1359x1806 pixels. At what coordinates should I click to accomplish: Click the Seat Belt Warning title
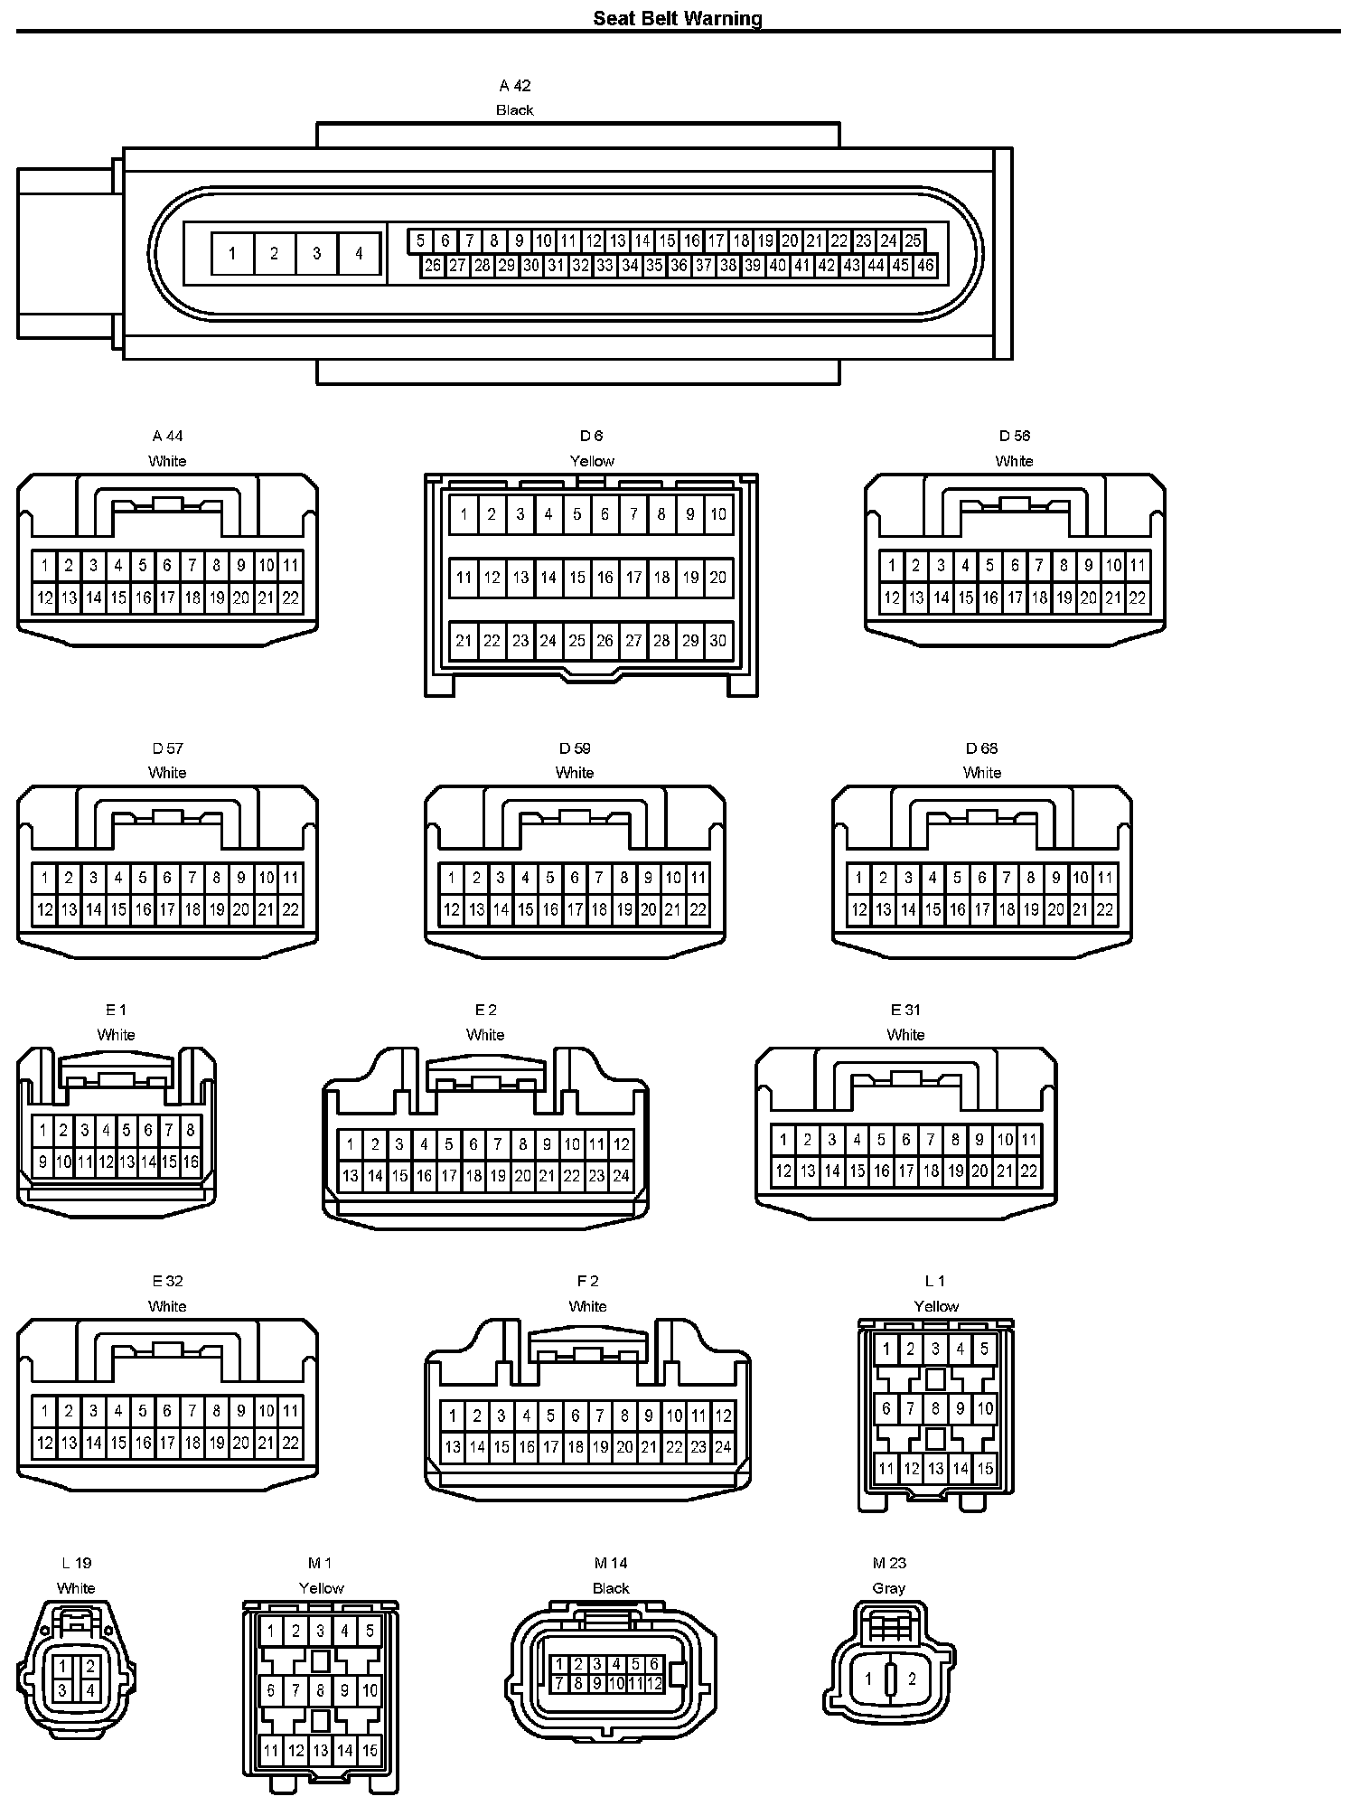pyautogui.click(x=678, y=18)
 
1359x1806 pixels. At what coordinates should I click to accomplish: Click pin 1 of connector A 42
pyautogui.click(x=232, y=254)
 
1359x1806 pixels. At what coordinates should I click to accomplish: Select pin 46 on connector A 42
pyautogui.click(x=925, y=266)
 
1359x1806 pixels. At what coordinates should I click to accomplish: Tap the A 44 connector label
pyautogui.click(x=167, y=437)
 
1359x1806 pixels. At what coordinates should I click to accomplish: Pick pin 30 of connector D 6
pyautogui.click(x=718, y=641)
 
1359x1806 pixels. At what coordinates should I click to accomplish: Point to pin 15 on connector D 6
pyautogui.click(x=577, y=578)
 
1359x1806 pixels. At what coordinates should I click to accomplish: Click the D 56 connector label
pyautogui.click(x=1015, y=437)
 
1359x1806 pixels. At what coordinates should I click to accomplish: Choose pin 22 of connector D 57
pyautogui.click(x=291, y=910)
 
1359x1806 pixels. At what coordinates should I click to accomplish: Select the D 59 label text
pyautogui.click(x=575, y=748)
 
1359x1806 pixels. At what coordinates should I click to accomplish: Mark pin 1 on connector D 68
pyautogui.click(x=858, y=878)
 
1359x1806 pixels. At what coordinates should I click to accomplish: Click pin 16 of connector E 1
pyautogui.click(x=191, y=1162)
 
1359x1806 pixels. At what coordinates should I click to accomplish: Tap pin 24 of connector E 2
pyautogui.click(x=621, y=1177)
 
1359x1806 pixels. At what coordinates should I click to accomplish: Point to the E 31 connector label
pyautogui.click(x=905, y=1011)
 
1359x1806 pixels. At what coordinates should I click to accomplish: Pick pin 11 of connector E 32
pyautogui.click(x=291, y=1411)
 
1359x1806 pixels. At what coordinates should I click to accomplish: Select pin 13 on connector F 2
pyautogui.click(x=453, y=1447)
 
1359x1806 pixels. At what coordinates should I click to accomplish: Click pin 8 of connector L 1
pyautogui.click(x=936, y=1408)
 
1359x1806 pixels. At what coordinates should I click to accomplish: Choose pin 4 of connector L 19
pyautogui.click(x=90, y=1690)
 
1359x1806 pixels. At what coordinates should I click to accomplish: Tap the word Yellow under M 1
pyautogui.click(x=321, y=1588)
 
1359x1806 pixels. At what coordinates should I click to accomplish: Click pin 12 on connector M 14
pyautogui.click(x=655, y=1684)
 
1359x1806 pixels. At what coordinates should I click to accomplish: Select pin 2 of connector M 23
pyautogui.click(x=913, y=1679)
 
